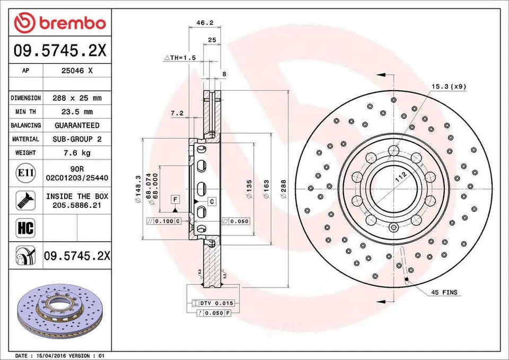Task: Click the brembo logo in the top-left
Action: (59, 23)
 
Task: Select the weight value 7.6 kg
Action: (77, 153)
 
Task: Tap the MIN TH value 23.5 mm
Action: (77, 112)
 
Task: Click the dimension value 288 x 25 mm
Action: (77, 98)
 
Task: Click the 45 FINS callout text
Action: (443, 292)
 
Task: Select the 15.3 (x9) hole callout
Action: (449, 86)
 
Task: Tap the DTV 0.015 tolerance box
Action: (216, 303)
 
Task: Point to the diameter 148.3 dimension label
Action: (138, 188)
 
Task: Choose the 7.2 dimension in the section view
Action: (177, 113)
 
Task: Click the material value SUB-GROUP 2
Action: (77, 139)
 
